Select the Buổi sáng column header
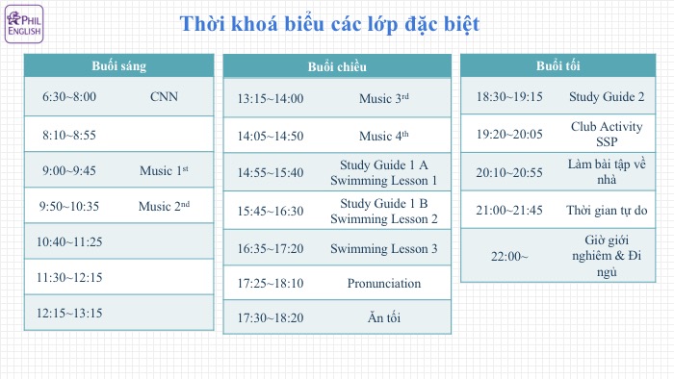[x=117, y=65]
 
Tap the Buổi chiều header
[x=337, y=66]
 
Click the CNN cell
[x=164, y=97]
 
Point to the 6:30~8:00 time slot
[x=69, y=97]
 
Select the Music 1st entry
[x=164, y=170]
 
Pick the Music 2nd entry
[x=164, y=206]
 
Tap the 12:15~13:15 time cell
[x=69, y=313]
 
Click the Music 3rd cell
[x=383, y=98]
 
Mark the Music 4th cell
[x=383, y=136]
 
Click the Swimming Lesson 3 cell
[x=383, y=248]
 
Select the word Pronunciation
[x=383, y=283]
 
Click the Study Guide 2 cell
[x=607, y=96]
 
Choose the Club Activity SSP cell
[x=607, y=133]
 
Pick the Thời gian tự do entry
[x=607, y=210]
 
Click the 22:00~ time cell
[x=511, y=255]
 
